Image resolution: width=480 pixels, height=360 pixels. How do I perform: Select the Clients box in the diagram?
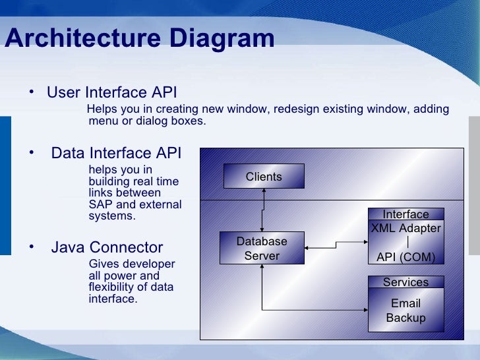pyautogui.click(x=264, y=177)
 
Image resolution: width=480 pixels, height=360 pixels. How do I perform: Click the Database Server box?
pyautogui.click(x=262, y=249)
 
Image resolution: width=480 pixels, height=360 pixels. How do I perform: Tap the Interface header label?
pyautogui.click(x=405, y=214)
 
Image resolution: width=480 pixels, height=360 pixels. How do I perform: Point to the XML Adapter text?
pyautogui.click(x=405, y=229)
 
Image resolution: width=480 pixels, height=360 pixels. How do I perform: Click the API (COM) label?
pyautogui.click(x=405, y=257)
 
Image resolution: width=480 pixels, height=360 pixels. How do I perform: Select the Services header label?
pyautogui.click(x=405, y=282)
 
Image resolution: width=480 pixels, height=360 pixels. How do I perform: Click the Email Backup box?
pyautogui.click(x=405, y=311)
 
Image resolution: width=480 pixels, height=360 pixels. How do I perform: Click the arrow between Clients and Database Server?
pyautogui.click(x=263, y=210)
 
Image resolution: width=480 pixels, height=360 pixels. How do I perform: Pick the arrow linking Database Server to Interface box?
pyautogui.click(x=336, y=245)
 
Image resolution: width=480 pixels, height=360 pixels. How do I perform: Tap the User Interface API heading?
pyautogui.click(x=111, y=92)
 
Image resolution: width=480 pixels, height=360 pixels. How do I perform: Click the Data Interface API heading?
pyautogui.click(x=116, y=154)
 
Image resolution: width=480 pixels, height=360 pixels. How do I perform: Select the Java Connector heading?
pyautogui.click(x=107, y=248)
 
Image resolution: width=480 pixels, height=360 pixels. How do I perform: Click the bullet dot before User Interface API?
pyautogui.click(x=31, y=91)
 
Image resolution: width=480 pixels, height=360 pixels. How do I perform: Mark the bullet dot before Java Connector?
pyautogui.click(x=31, y=247)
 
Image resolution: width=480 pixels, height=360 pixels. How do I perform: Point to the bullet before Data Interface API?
pyautogui.click(x=31, y=152)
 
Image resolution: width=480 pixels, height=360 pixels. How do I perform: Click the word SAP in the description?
pyautogui.click(x=100, y=204)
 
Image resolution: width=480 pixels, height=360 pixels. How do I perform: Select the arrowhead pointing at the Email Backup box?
pyautogui.click(x=364, y=309)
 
